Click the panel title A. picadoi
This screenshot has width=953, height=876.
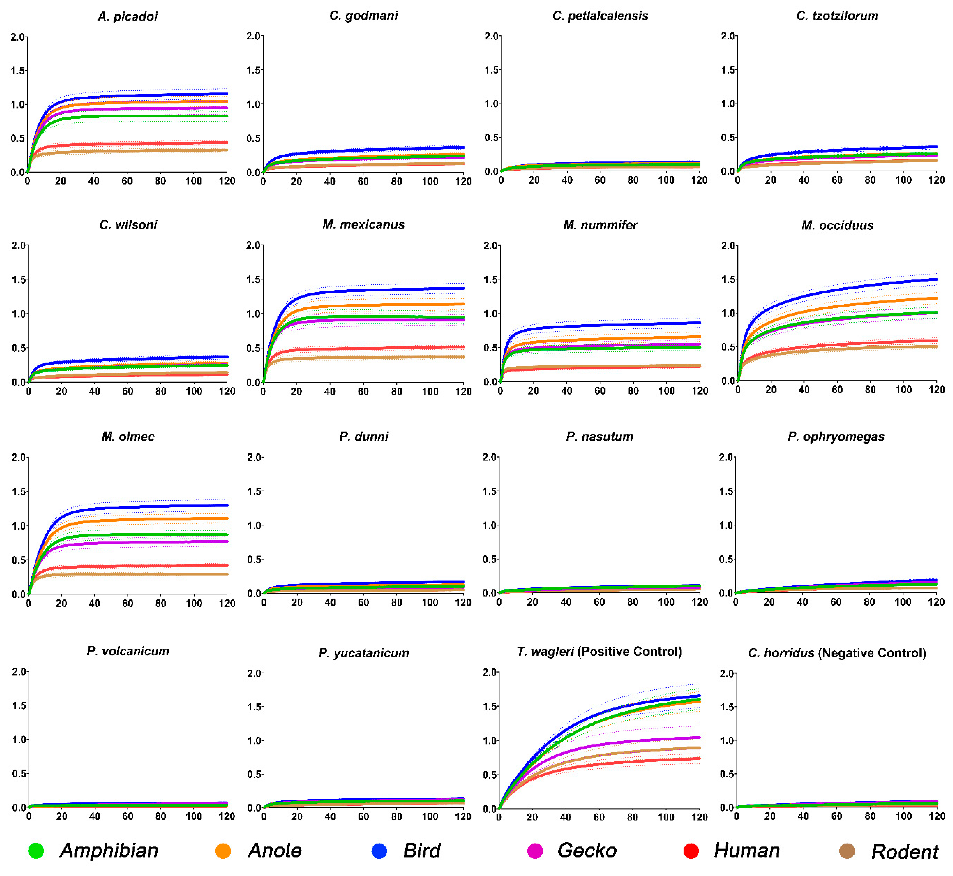[x=127, y=16]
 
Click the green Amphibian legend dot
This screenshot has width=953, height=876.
[x=36, y=851]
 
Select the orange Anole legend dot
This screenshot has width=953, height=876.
[x=223, y=851]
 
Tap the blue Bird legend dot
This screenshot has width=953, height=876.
[x=379, y=851]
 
